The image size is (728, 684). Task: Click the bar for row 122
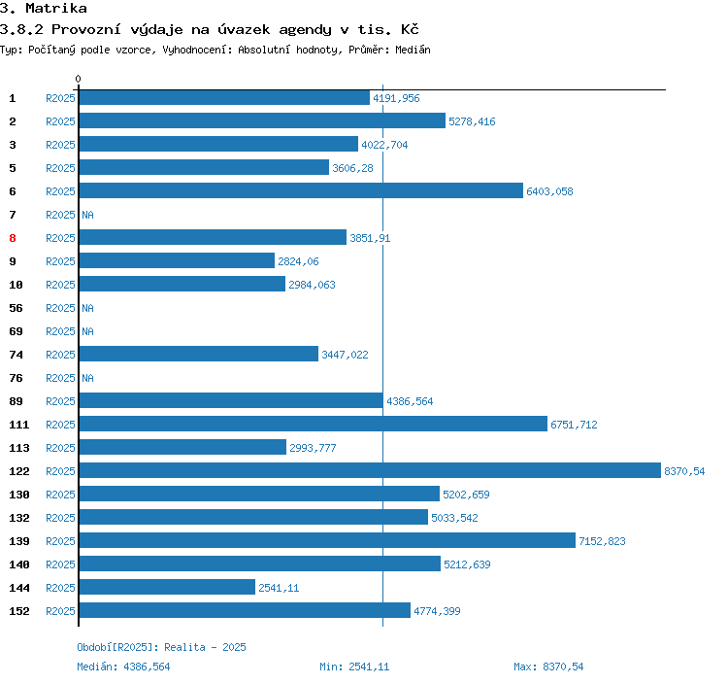[x=369, y=471]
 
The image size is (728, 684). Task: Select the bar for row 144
[x=167, y=588]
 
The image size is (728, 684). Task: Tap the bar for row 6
[x=301, y=191]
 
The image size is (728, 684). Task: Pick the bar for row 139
[x=327, y=541]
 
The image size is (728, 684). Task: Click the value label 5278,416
[x=472, y=121]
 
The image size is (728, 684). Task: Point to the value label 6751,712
[x=574, y=425]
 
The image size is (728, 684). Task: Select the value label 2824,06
[x=298, y=261]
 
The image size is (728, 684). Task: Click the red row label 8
[x=13, y=238]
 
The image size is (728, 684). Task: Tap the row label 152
[x=19, y=611]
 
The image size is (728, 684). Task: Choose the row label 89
[x=16, y=401]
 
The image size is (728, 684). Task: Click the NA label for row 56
[x=87, y=308]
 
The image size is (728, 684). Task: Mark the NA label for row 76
[x=87, y=378]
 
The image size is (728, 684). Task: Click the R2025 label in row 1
[x=60, y=98]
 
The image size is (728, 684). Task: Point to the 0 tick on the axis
[x=79, y=79]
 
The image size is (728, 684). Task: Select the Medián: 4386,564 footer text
[x=123, y=667]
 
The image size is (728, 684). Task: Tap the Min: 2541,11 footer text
[x=354, y=667]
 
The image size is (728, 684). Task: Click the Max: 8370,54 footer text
[x=548, y=667]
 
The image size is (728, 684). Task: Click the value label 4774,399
[x=437, y=611]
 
